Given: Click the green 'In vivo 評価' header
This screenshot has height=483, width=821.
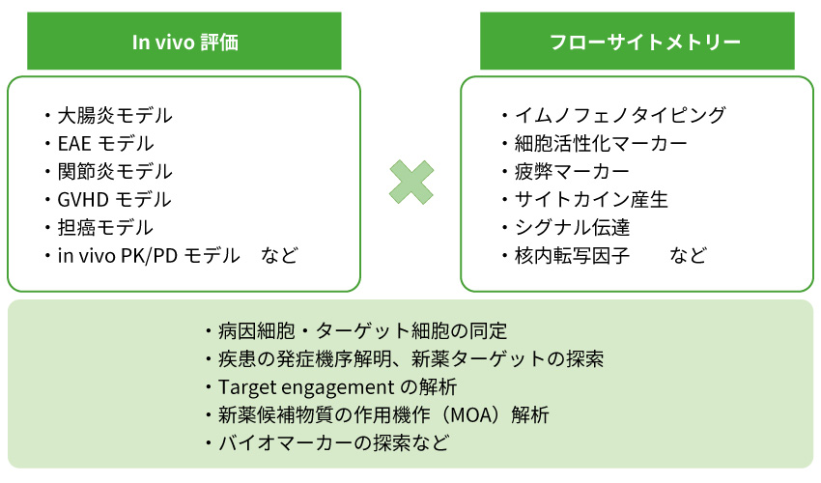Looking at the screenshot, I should click(184, 43).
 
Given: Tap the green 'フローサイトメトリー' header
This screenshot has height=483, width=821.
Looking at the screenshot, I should click(637, 43).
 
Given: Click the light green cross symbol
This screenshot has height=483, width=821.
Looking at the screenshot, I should click(410, 181).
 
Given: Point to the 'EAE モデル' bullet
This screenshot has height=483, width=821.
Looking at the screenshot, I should click(105, 144).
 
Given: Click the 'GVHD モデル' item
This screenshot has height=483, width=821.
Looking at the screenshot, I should click(114, 200).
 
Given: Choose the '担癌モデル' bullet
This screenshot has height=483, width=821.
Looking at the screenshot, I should click(104, 228).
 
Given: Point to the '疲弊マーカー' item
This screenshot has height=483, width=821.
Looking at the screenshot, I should click(571, 172).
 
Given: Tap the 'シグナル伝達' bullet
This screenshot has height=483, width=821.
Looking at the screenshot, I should click(571, 228).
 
